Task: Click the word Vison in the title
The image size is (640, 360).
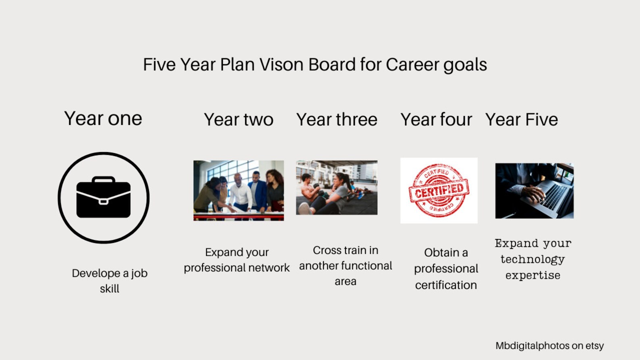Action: [x=281, y=65]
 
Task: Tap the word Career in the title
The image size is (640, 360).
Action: [x=412, y=65]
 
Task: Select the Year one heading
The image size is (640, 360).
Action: [x=103, y=119]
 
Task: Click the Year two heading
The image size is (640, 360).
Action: [x=239, y=120]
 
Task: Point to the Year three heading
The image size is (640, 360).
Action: [x=337, y=120]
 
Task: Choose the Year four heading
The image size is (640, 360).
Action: [x=436, y=120]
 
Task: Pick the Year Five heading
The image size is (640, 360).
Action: [x=522, y=120]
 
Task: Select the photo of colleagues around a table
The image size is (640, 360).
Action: [x=239, y=190]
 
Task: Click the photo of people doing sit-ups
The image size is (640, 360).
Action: [x=337, y=187]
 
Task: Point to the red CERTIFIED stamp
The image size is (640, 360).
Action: [x=439, y=190]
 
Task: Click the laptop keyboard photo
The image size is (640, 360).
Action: [x=534, y=191]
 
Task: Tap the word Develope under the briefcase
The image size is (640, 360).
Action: [x=96, y=273]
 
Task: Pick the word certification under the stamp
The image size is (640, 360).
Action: [x=446, y=285]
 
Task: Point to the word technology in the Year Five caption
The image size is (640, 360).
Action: [x=532, y=259]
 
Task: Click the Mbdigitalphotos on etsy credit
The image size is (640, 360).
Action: [x=549, y=345]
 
